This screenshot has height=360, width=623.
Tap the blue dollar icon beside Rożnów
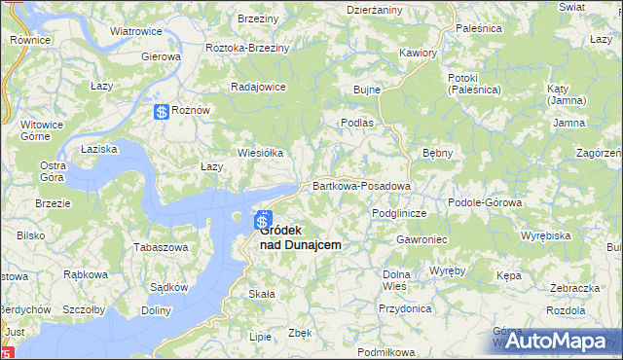click(161, 113)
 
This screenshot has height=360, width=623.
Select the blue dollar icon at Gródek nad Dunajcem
click(263, 223)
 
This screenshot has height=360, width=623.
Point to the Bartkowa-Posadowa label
click(361, 185)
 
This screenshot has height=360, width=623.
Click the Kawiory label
click(418, 53)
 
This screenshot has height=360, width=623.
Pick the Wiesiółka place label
click(260, 153)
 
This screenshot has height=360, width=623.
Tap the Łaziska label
click(99, 149)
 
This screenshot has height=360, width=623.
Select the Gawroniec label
click(421, 239)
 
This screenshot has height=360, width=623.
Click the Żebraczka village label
click(573, 289)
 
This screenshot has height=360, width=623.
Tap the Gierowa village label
click(162, 56)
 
